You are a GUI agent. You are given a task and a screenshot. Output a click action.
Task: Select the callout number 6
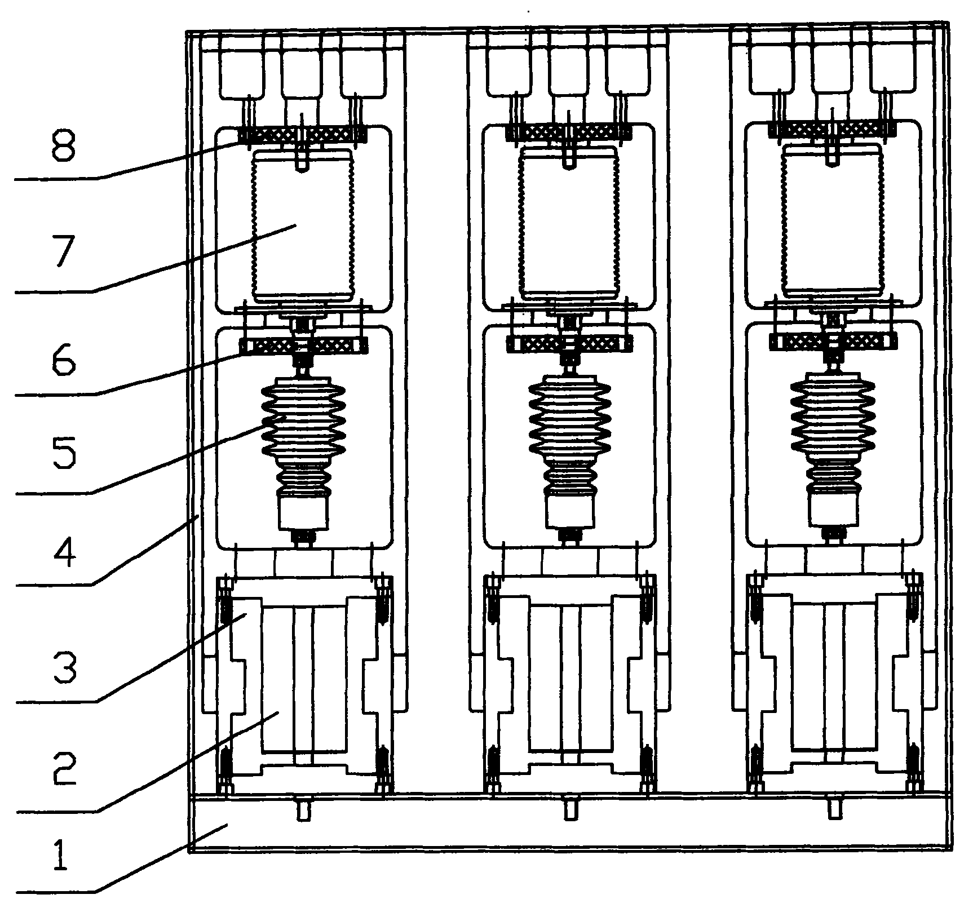tap(63, 359)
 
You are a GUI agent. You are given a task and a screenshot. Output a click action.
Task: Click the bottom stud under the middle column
tap(569, 808)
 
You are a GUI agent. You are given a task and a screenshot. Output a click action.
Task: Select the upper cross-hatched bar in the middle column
tap(568, 132)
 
